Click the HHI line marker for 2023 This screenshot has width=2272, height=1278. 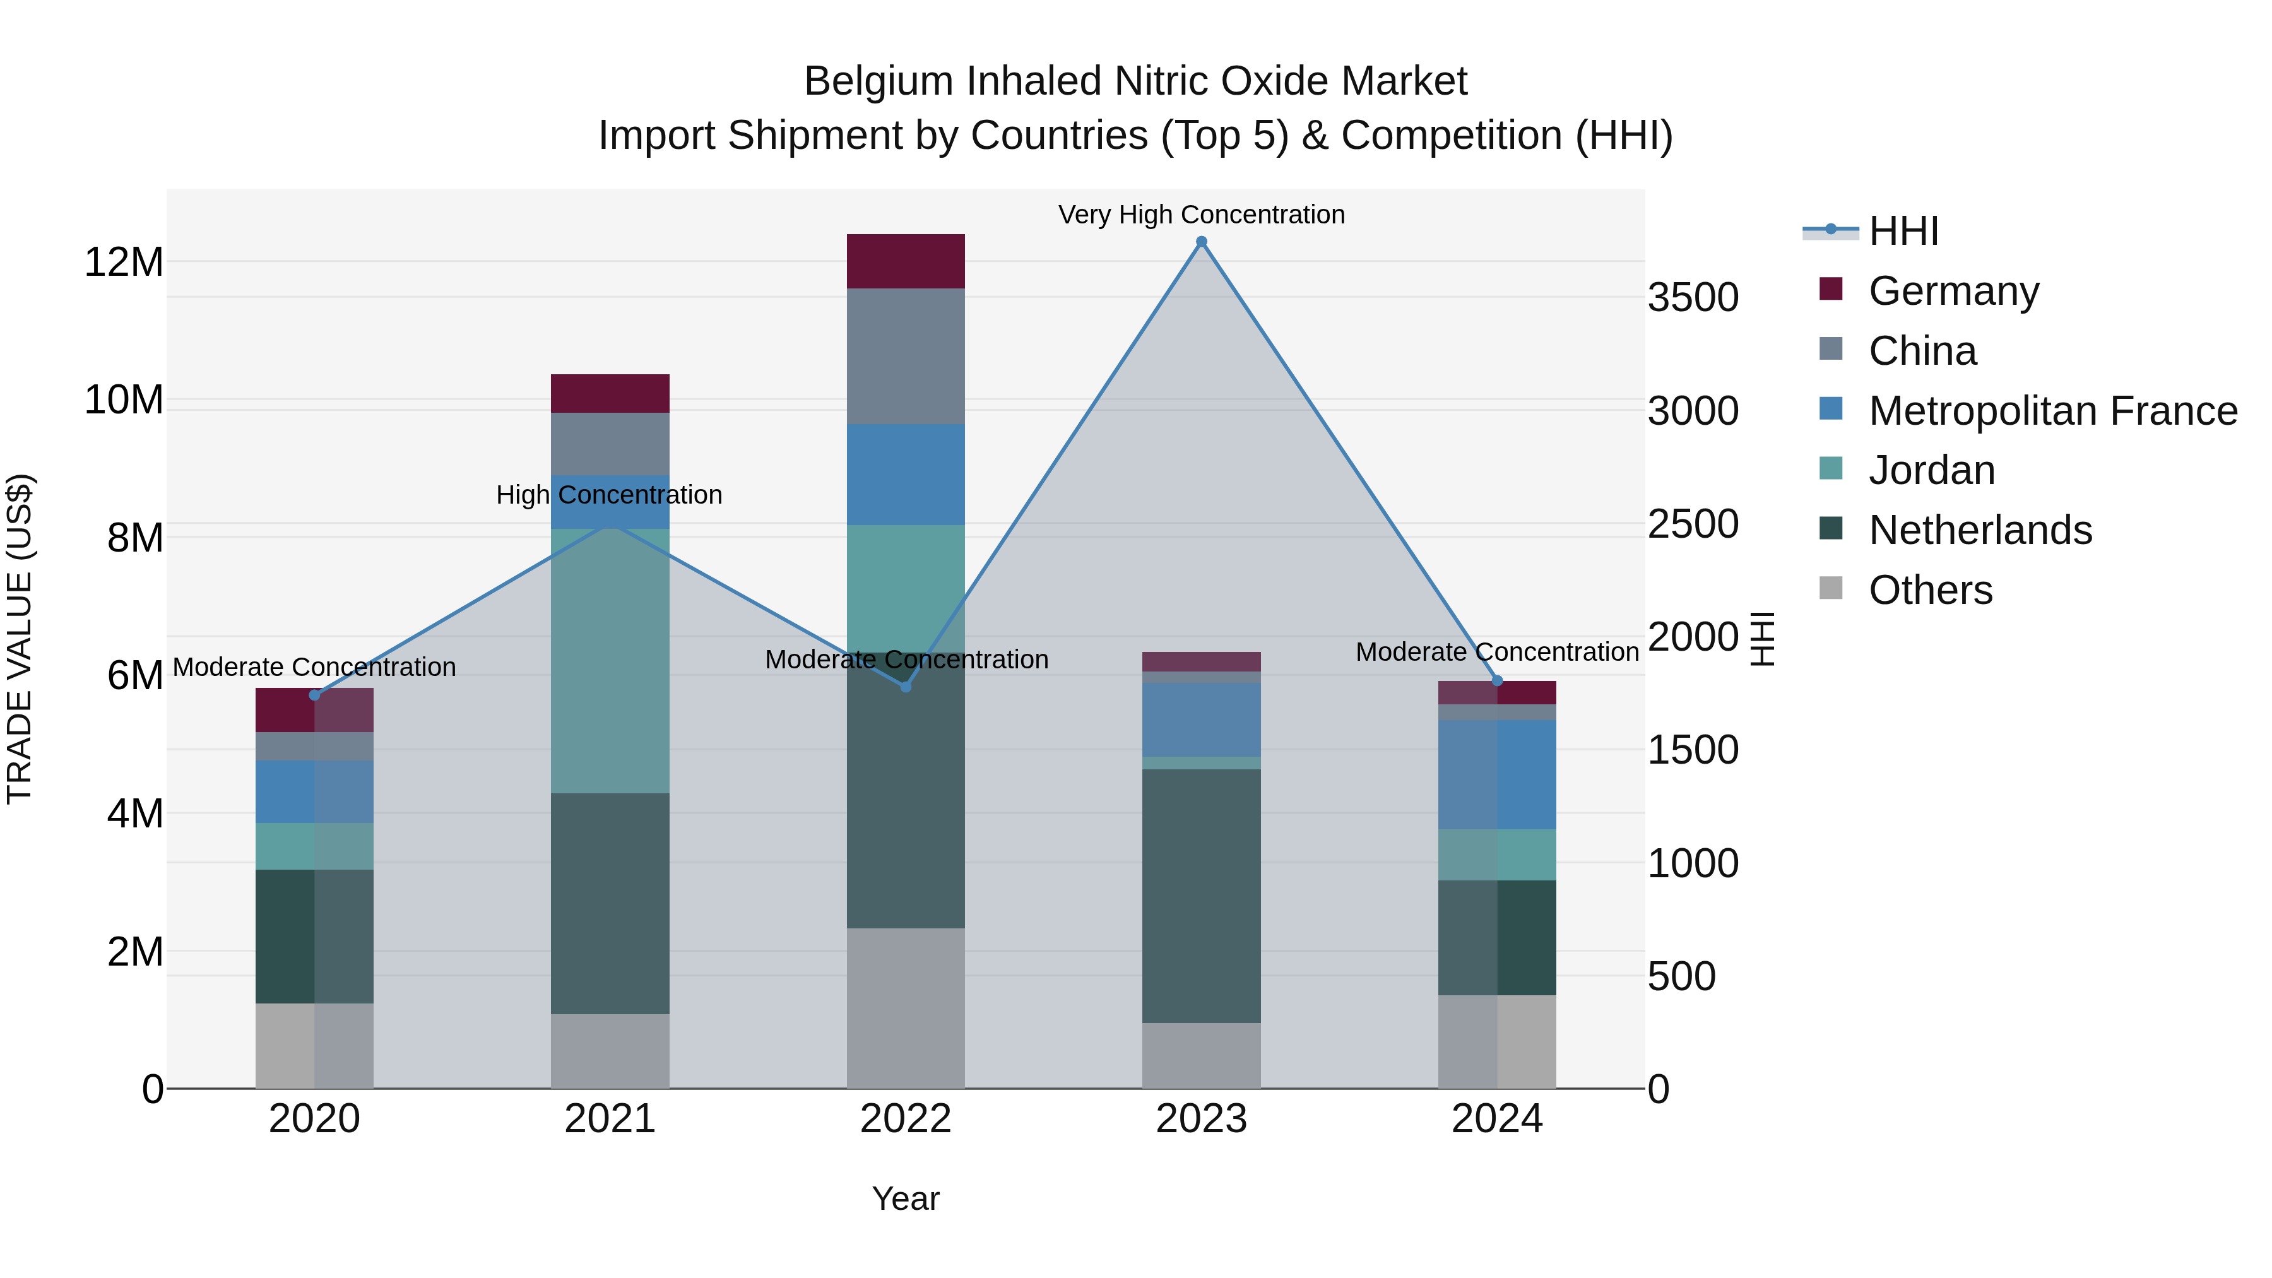coord(1201,242)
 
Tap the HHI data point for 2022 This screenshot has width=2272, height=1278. coord(906,686)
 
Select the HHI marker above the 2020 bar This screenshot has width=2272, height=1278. coord(315,695)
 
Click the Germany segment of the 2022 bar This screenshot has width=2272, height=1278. coord(906,262)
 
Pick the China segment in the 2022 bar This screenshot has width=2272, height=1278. coord(906,357)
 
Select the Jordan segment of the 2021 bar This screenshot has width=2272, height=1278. coord(610,661)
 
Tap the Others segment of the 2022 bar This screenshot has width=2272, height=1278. coord(906,1008)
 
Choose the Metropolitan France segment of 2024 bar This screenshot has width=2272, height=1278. coord(1497,774)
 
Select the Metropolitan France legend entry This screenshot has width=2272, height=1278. coord(2052,411)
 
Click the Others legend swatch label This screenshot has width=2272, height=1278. coord(1930,590)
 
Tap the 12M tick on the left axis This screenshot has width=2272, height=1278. coord(124,263)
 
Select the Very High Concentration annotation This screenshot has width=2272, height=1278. coord(1201,215)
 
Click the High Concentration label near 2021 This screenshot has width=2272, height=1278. coord(610,495)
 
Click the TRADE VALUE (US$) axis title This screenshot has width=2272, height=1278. coord(20,639)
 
